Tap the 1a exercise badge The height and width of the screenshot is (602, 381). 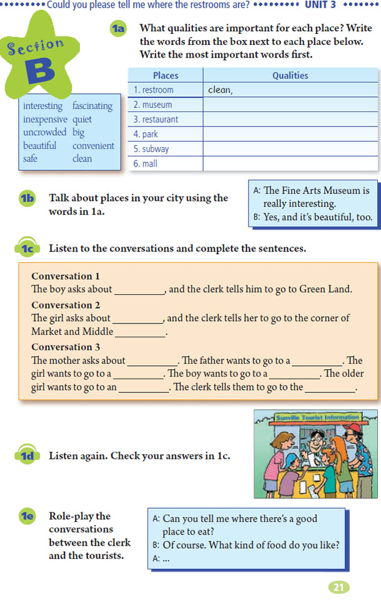(x=119, y=29)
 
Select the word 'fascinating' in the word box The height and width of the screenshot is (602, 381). (x=92, y=106)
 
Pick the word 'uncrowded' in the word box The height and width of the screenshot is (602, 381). (x=44, y=132)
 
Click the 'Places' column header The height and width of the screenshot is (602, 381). (x=166, y=75)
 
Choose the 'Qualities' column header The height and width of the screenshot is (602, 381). (x=290, y=75)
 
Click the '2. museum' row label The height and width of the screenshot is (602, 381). (x=153, y=105)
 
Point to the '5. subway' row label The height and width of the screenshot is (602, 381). (x=151, y=149)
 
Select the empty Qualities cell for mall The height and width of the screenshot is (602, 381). (x=290, y=164)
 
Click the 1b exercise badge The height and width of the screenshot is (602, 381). (x=28, y=198)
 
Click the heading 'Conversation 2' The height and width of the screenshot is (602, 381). (x=66, y=305)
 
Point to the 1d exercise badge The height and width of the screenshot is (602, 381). (x=28, y=456)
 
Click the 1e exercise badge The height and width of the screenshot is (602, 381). (x=28, y=516)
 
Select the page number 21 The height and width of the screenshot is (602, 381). (x=338, y=587)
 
